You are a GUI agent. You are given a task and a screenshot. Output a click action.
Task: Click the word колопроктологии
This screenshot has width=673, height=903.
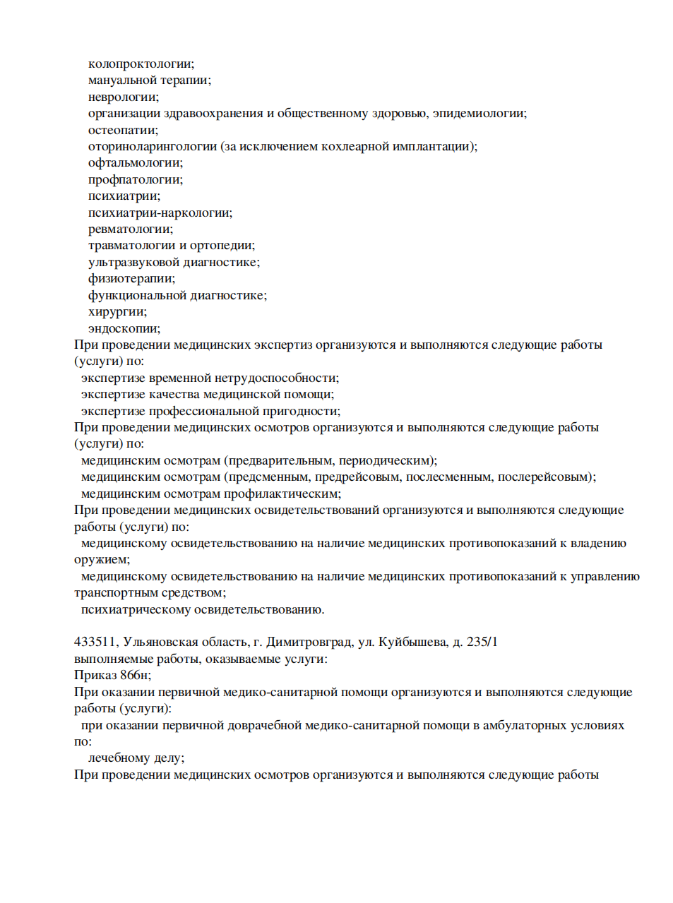141,64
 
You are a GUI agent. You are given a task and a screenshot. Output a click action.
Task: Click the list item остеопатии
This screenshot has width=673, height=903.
123,130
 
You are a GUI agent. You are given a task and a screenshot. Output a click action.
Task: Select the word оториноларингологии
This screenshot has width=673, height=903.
153,147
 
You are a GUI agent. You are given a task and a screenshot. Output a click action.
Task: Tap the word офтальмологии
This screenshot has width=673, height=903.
135,163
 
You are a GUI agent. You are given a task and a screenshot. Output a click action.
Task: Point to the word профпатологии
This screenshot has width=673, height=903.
135,180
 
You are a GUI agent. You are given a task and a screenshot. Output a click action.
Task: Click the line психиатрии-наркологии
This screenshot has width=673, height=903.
160,213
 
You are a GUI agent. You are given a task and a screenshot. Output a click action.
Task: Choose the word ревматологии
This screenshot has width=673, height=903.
130,229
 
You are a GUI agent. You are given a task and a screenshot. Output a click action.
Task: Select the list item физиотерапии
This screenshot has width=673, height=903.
131,279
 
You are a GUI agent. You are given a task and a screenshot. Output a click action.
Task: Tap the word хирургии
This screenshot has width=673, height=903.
117,312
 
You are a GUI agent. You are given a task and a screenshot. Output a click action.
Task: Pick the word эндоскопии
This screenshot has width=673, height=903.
124,328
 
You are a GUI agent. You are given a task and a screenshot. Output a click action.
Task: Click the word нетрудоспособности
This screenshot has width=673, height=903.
277,378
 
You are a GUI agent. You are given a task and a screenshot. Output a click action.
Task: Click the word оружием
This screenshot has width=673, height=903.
102,560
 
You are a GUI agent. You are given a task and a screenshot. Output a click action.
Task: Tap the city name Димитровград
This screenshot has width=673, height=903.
309,642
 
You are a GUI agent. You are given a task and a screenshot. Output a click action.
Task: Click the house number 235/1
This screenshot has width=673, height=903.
482,642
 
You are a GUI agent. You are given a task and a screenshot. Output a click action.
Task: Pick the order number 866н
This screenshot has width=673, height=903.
133,676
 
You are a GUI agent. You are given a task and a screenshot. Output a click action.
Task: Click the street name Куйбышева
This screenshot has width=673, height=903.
412,642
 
